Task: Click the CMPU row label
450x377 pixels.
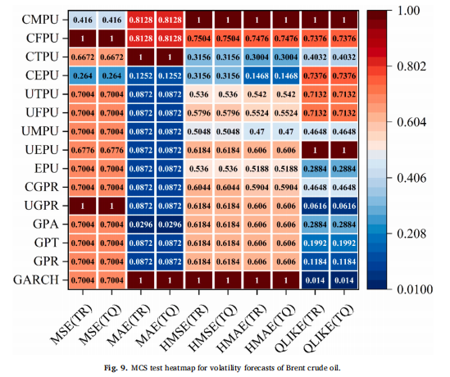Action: (x=40, y=20)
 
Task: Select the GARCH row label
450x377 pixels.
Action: (x=36, y=279)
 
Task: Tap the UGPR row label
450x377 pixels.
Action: (x=42, y=206)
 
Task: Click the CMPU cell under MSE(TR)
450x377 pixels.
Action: (x=83, y=20)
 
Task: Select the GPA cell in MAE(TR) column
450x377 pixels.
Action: (x=141, y=225)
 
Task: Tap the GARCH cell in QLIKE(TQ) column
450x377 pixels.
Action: (x=343, y=280)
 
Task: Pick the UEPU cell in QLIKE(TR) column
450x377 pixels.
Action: (x=315, y=150)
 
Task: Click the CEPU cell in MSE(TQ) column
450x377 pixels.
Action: (x=111, y=75)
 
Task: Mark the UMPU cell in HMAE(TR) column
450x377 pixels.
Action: (x=257, y=131)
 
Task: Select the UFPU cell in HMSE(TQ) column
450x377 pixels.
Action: (x=228, y=113)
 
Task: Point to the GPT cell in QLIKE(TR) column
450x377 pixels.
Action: (x=315, y=243)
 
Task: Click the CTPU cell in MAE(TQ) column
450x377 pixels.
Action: (x=170, y=57)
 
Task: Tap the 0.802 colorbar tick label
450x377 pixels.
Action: (x=411, y=66)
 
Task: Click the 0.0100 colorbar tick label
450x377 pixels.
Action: (x=415, y=289)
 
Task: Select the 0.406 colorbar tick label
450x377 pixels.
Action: (x=411, y=178)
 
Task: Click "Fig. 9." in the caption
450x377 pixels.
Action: (x=116, y=367)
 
